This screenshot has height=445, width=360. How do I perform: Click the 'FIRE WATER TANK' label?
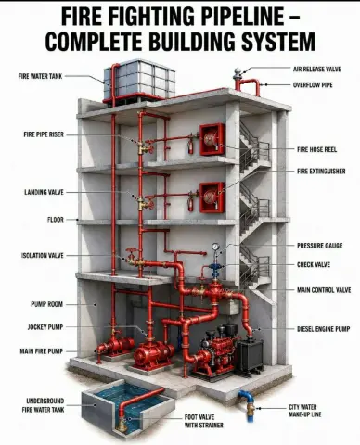pyautogui.click(x=40, y=76)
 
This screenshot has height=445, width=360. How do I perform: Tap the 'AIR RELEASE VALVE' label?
pyautogui.click(x=317, y=69)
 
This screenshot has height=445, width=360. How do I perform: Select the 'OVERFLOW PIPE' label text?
pyautogui.click(x=313, y=84)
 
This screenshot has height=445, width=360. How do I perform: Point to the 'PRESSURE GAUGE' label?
pyautogui.click(x=320, y=246)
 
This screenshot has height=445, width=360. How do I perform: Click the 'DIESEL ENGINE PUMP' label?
pyautogui.click(x=324, y=329)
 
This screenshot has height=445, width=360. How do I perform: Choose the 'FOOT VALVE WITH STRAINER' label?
pyautogui.click(x=204, y=421)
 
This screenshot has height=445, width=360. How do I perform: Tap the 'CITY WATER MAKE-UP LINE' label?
pyautogui.click(x=305, y=411)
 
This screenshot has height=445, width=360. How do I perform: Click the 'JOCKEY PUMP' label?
pyautogui.click(x=45, y=327)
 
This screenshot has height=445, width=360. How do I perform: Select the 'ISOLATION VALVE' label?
pyautogui.click(x=43, y=255)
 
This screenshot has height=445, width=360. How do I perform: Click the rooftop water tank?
pyautogui.click(x=139, y=80)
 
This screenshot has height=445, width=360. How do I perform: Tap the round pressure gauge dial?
pyautogui.click(x=215, y=247)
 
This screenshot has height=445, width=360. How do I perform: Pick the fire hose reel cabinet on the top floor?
pyautogui.click(x=212, y=139)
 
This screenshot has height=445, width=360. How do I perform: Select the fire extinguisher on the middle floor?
pyautogui.click(x=190, y=204)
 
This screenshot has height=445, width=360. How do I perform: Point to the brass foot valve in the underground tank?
pyautogui.click(x=122, y=425)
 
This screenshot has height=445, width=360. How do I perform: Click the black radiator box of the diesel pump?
pyautogui.click(x=250, y=355)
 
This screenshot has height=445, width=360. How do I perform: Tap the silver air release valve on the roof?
pyautogui.click(x=238, y=73)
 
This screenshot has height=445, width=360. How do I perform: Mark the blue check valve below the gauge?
pyautogui.click(x=215, y=267)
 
